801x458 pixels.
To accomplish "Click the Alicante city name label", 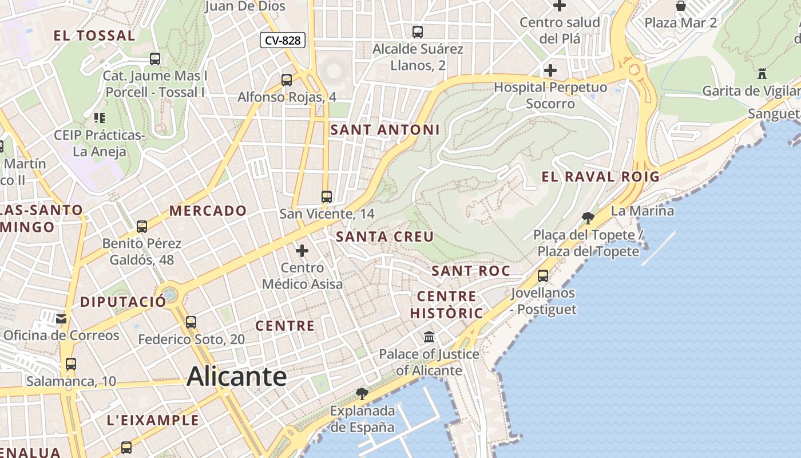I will point(236,376).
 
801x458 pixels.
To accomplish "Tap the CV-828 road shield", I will point(283,41).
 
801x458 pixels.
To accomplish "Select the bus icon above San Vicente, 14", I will point(327,197).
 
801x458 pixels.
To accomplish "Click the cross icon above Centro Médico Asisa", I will point(302,250).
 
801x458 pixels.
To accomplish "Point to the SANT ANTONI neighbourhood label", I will point(385,130).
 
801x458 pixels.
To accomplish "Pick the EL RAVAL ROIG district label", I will point(601,177).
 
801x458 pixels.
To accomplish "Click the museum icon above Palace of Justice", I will point(429,337).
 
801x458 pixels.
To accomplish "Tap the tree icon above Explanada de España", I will point(362,393).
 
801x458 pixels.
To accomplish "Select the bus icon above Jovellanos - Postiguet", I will point(543,276).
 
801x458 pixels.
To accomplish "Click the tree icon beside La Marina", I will point(588,218).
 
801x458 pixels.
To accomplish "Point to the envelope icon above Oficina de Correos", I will point(61,319).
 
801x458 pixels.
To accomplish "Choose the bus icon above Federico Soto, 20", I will point(191,322).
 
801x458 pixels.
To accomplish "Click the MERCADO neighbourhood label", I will point(208,211).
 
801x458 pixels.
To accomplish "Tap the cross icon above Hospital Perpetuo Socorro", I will point(550,70).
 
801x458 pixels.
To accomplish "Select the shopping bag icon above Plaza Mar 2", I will point(681,6).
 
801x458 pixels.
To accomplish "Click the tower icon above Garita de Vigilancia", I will point(762,73).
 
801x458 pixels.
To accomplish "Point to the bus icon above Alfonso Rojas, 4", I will point(287,80).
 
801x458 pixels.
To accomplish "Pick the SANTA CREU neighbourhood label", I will point(384,236).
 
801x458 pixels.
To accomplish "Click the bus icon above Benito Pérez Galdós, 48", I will point(142,227).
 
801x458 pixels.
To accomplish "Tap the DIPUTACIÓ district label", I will point(123,302).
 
